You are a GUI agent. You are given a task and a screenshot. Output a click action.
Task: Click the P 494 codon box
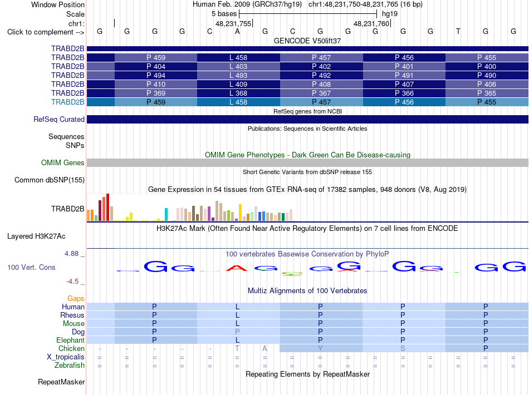point(156,75)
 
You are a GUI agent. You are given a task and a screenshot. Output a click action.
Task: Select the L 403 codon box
point(238,66)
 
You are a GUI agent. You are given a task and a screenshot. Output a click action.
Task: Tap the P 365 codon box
point(487,93)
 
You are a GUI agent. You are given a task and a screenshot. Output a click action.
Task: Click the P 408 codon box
point(321,84)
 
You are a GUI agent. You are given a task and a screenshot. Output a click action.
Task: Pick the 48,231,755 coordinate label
point(233,23)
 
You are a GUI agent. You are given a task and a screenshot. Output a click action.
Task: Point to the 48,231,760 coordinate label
point(371,23)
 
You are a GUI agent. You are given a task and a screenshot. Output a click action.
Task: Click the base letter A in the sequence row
point(238,32)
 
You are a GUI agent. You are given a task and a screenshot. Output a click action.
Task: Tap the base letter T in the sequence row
point(458,32)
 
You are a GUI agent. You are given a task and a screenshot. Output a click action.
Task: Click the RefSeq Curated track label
point(59,119)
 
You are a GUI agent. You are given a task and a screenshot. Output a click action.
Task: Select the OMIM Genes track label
point(63,163)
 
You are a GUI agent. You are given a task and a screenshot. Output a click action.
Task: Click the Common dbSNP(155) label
point(50,180)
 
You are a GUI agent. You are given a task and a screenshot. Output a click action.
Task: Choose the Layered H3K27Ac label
point(36,236)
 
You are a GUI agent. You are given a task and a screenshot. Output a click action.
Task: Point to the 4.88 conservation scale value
point(71,254)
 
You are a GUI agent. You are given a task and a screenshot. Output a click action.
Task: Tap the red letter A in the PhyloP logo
point(237,268)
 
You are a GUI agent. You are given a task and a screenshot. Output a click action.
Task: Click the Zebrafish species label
point(70,366)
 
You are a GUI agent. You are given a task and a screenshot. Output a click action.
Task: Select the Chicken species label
point(71,348)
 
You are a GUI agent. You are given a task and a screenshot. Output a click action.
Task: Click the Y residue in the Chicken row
point(320,348)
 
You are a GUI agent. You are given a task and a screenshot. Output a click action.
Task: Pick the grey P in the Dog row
point(238,332)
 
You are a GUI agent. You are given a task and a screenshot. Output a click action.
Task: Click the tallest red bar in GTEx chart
point(108,208)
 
